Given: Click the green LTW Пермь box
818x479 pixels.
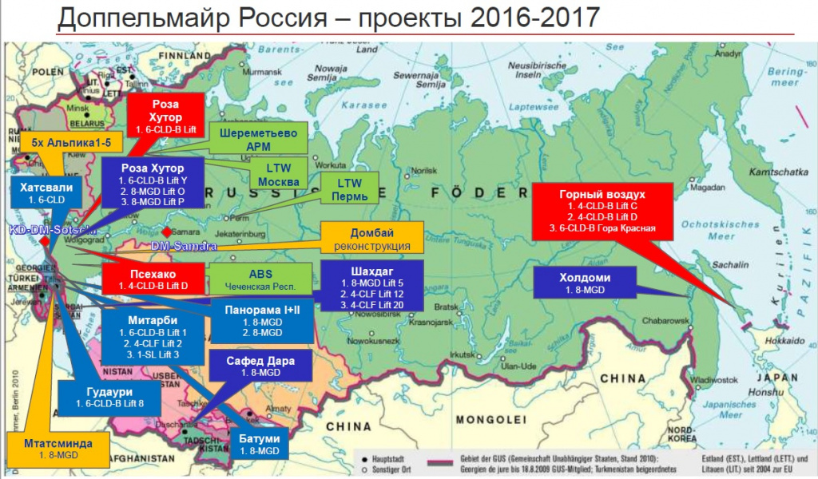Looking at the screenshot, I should (349, 189).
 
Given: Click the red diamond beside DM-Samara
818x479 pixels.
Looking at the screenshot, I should (167, 232).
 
